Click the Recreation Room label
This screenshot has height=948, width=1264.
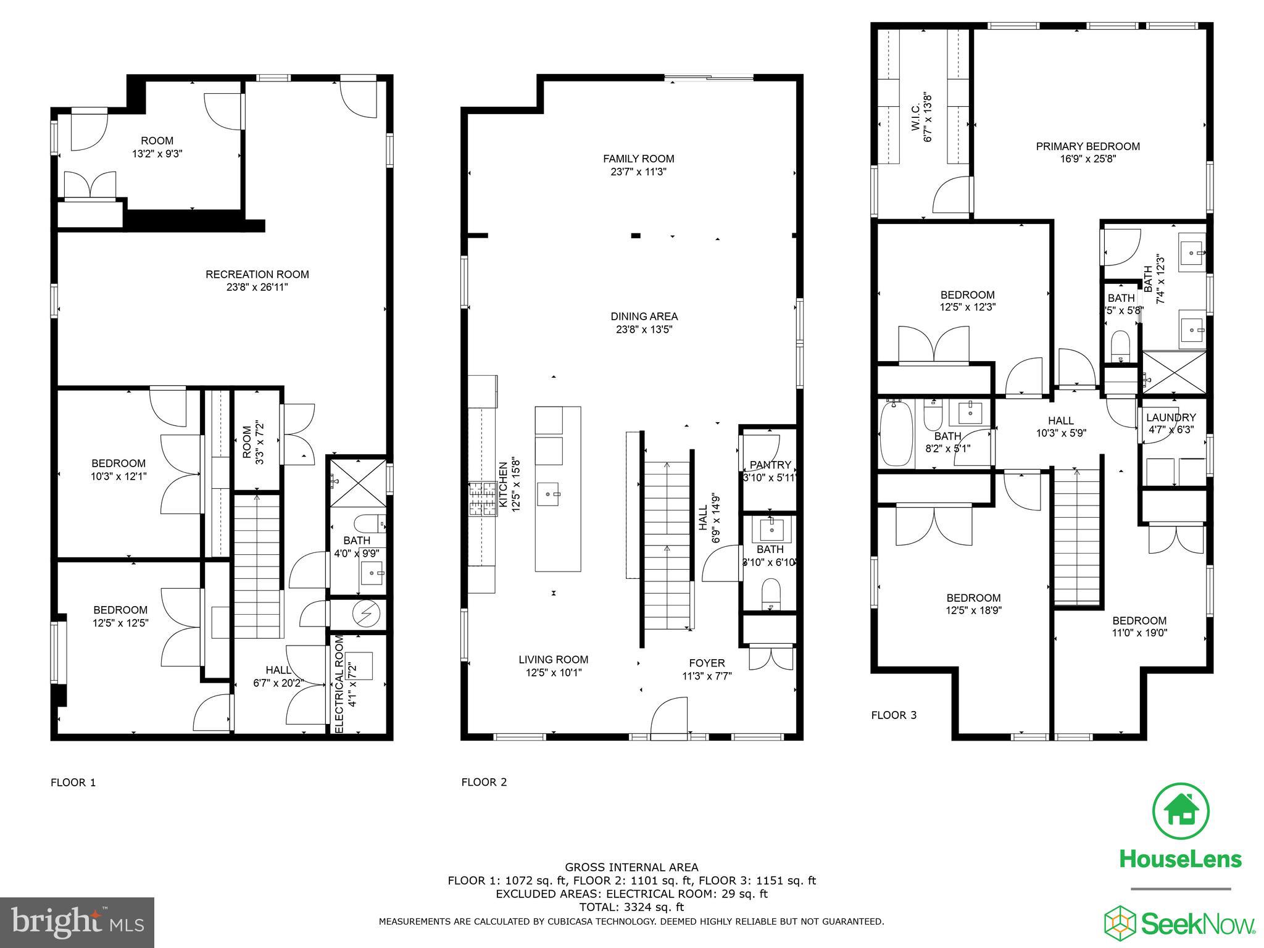tap(257, 274)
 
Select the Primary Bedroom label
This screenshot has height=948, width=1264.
tap(1087, 146)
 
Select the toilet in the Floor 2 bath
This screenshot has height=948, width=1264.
tap(771, 594)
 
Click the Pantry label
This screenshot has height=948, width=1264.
tap(770, 465)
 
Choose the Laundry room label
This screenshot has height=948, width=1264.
tap(1171, 418)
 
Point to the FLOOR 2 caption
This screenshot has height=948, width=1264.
tap(484, 782)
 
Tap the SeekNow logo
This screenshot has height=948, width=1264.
tap(1179, 923)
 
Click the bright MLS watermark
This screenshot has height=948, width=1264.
tap(77, 922)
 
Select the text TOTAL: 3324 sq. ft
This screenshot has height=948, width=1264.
tap(631, 907)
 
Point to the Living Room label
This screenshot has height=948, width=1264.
tap(553, 660)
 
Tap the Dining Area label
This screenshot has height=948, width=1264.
tap(644, 317)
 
